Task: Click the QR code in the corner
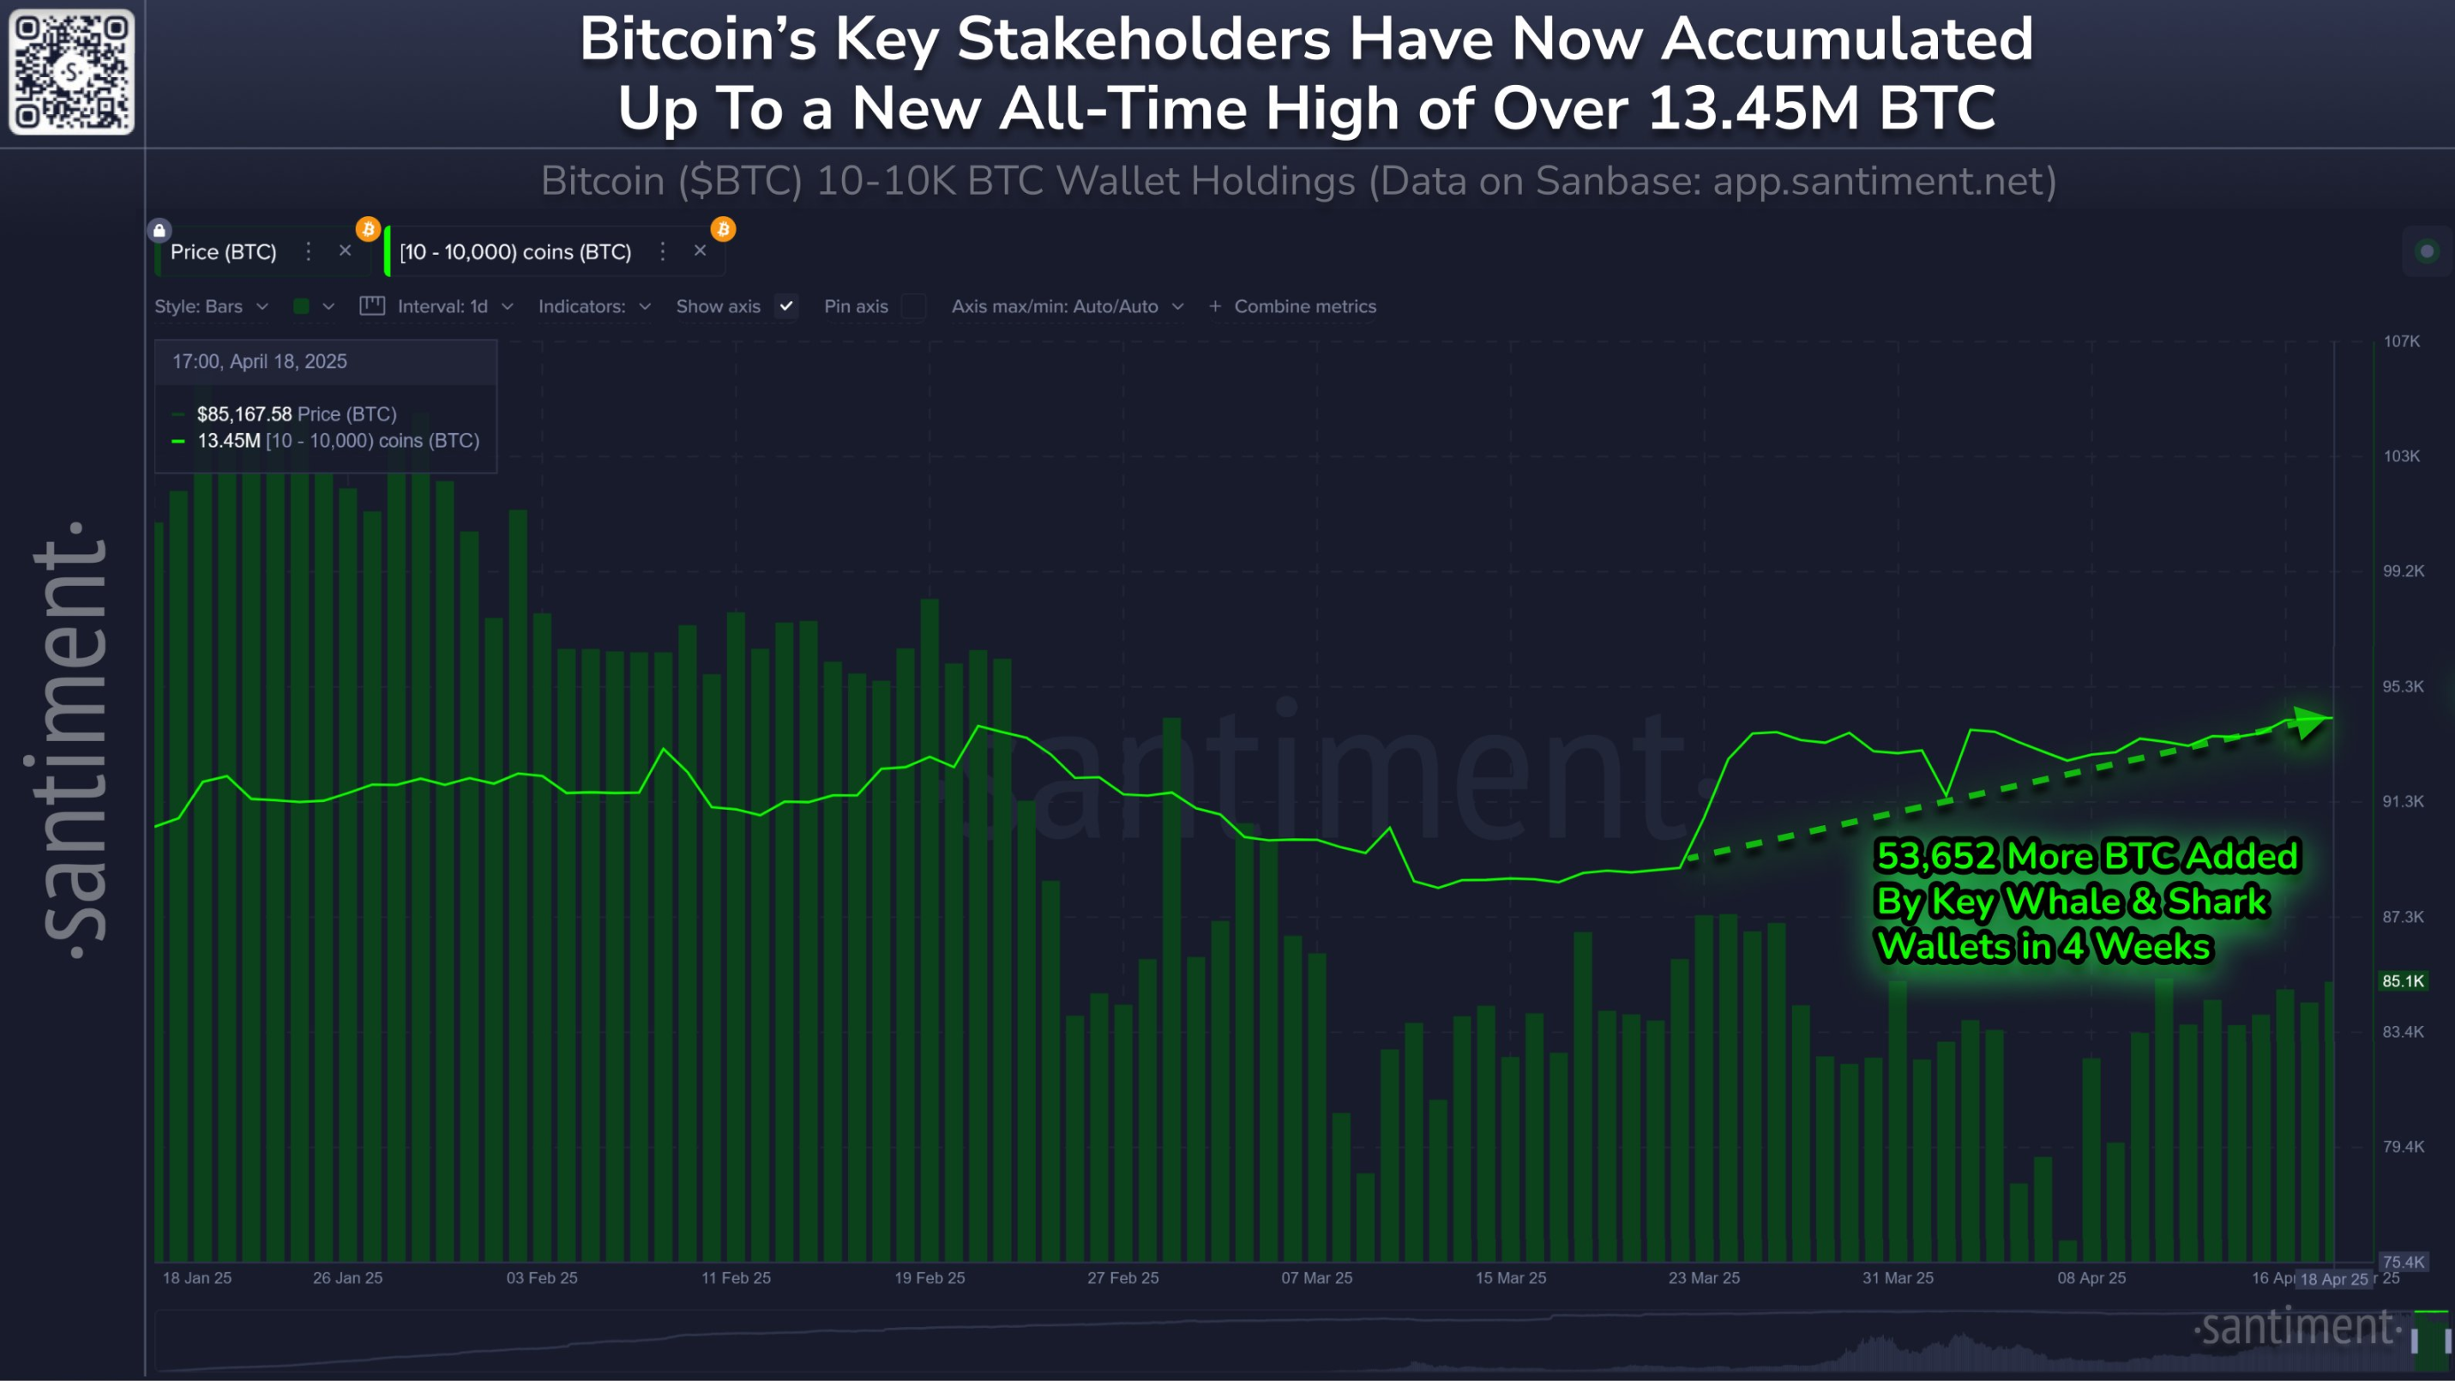pyautogui.click(x=71, y=71)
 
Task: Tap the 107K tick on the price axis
pyautogui.click(x=2401, y=341)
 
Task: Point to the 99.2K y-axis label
pyautogui.click(x=2403, y=571)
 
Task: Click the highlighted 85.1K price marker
pyautogui.click(x=2403, y=980)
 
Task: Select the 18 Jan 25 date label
pyautogui.click(x=197, y=1278)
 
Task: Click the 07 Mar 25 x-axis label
pyautogui.click(x=1316, y=1278)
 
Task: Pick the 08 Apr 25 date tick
pyautogui.click(x=2091, y=1278)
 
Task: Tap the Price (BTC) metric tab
pyautogui.click(x=223, y=251)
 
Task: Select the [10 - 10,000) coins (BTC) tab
pyautogui.click(x=515, y=251)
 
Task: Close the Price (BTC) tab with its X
pyautogui.click(x=345, y=250)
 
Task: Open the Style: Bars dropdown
pyautogui.click(x=211, y=307)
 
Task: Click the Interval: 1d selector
pyautogui.click(x=454, y=307)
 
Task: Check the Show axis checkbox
pyautogui.click(x=786, y=306)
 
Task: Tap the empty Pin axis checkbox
pyautogui.click(x=913, y=306)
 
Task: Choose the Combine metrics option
pyautogui.click(x=1303, y=307)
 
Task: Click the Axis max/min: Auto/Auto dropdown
pyautogui.click(x=1067, y=307)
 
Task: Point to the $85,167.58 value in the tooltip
pyautogui.click(x=244, y=413)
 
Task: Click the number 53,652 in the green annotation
pyautogui.click(x=1935, y=856)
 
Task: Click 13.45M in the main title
pyautogui.click(x=1752, y=108)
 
